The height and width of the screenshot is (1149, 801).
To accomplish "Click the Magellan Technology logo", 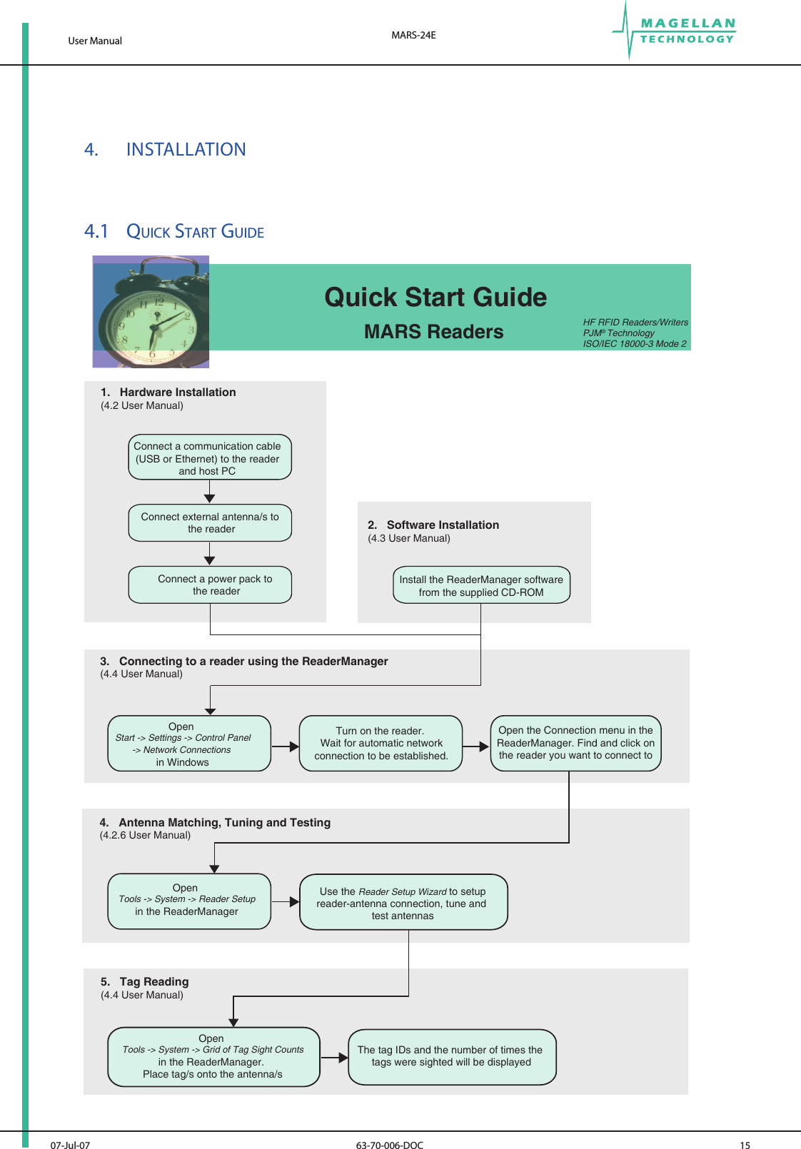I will tap(674, 31).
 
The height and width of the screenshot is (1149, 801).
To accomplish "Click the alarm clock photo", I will tap(151, 312).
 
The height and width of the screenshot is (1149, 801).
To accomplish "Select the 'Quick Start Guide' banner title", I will tap(435, 297).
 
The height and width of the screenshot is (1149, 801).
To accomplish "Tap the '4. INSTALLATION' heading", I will tap(165, 149).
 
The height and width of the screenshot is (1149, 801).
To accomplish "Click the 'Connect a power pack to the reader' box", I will tap(210, 585).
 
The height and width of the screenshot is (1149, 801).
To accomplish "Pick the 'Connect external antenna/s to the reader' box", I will tap(210, 523).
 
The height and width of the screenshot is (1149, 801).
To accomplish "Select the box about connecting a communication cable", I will tap(210, 457).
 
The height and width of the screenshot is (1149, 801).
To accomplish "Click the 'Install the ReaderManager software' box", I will tap(481, 586).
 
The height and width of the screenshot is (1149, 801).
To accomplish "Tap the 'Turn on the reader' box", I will tap(381, 744).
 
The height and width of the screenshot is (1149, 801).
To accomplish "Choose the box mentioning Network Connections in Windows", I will tap(189, 744).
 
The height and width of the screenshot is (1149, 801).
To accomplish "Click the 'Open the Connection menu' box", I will tap(575, 743).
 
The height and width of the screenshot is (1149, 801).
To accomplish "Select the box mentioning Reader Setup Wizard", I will tap(403, 903).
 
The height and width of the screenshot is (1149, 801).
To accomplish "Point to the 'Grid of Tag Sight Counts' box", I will tap(213, 1057).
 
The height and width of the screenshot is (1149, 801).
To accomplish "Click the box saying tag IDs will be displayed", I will tap(451, 1056).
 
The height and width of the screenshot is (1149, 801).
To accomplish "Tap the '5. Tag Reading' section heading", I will tap(145, 982).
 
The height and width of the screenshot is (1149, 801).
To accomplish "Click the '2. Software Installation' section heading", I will tap(433, 525).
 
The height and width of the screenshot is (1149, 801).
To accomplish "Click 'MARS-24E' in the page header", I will tap(413, 35).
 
